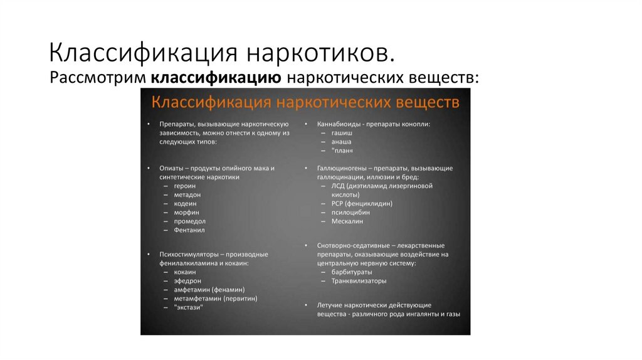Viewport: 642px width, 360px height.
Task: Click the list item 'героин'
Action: click(186, 186)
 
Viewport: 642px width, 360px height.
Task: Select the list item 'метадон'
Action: click(187, 195)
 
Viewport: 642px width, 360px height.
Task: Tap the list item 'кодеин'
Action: click(186, 204)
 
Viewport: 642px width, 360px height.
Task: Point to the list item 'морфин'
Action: click(186, 213)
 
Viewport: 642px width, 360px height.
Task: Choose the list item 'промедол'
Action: click(190, 221)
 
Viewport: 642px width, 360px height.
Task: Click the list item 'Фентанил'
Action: click(189, 230)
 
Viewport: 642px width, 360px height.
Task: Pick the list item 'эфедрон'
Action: click(187, 281)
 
